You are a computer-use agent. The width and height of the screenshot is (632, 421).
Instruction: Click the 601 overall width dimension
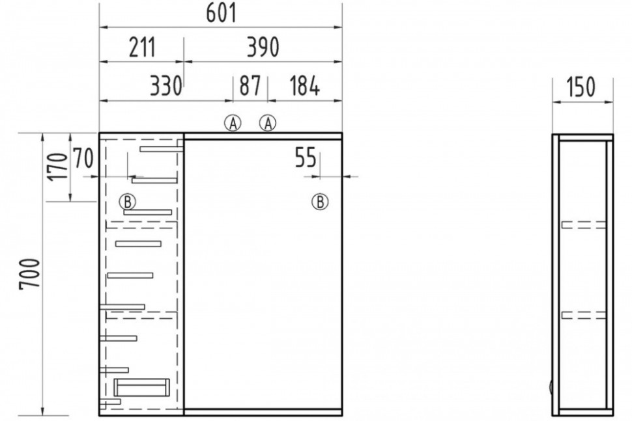click(x=221, y=12)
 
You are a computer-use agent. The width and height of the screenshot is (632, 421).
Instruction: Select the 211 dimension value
click(x=142, y=47)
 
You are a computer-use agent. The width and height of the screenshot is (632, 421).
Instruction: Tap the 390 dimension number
click(x=263, y=47)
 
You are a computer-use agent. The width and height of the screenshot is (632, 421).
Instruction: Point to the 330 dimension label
click(x=166, y=86)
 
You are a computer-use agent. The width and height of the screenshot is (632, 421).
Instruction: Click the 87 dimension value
click(x=250, y=86)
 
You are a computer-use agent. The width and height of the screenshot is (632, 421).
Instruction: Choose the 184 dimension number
click(x=304, y=86)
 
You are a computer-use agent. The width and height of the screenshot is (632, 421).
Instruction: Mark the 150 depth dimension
click(x=581, y=87)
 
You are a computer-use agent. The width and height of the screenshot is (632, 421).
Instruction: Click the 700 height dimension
click(x=30, y=274)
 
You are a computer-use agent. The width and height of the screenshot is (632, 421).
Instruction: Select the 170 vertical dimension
click(x=57, y=167)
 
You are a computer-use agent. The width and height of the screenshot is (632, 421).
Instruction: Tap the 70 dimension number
click(x=83, y=158)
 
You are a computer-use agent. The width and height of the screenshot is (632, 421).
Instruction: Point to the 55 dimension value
click(x=306, y=157)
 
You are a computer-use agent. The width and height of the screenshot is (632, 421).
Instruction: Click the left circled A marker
click(x=233, y=123)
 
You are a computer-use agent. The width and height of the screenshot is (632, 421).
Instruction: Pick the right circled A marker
click(x=268, y=123)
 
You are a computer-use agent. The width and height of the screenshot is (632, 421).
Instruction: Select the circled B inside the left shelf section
click(x=127, y=201)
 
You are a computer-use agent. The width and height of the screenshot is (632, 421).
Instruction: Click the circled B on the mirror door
click(x=320, y=201)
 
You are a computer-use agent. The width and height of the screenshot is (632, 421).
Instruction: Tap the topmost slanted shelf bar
click(x=162, y=149)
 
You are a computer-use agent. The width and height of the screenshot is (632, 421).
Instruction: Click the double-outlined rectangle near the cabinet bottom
click(x=141, y=387)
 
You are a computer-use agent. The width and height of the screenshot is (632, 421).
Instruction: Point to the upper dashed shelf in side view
click(x=584, y=225)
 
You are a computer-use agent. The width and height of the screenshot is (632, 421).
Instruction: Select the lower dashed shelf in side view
click(x=584, y=315)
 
